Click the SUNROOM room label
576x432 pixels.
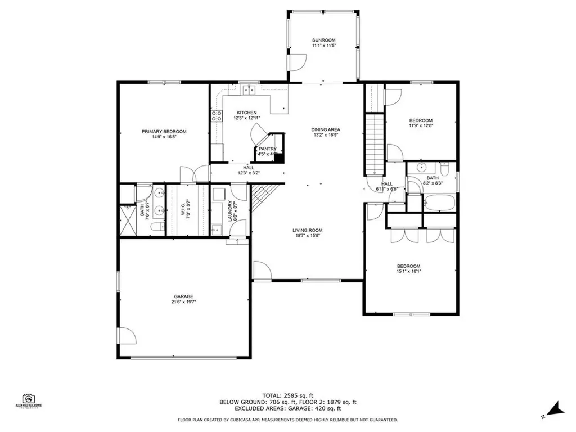pyautogui.click(x=323, y=40)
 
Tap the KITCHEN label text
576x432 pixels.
pyautogui.click(x=246, y=112)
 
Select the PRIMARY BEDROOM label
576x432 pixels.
pyautogui.click(x=164, y=132)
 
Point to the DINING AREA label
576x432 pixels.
pyautogui.click(x=326, y=130)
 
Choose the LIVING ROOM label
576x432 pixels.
pyautogui.click(x=307, y=230)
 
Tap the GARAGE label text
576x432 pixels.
pyautogui.click(x=183, y=296)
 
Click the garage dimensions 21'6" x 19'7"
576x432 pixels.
pyautogui.click(x=183, y=302)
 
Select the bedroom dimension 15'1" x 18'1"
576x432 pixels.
pyautogui.click(x=409, y=272)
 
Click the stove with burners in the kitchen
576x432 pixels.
pyautogui.click(x=216, y=116)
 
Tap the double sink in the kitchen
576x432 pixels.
pyautogui.click(x=247, y=90)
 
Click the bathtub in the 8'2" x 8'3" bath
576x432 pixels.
pyautogui.click(x=439, y=202)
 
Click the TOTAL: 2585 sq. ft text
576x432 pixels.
pyautogui.click(x=287, y=396)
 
